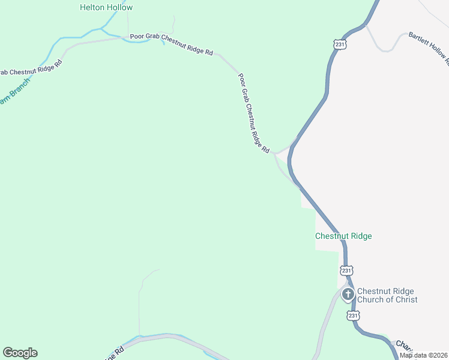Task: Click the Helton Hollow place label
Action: [106, 8]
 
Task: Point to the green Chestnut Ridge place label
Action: [343, 236]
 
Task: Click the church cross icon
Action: [348, 295]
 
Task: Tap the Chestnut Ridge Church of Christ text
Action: [387, 295]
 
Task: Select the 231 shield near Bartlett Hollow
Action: [340, 44]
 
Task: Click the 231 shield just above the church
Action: [346, 270]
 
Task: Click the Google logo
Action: [20, 353]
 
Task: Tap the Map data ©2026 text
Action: [423, 355]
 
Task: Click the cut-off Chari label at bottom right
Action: [403, 346]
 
